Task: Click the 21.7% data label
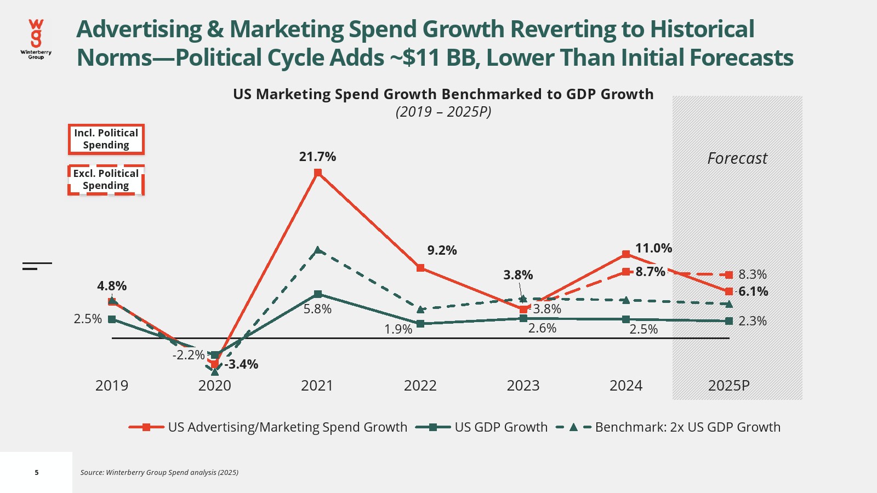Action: tap(317, 157)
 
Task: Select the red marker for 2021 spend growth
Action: tap(318, 173)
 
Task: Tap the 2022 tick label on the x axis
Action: tap(420, 386)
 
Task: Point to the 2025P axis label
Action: tap(728, 386)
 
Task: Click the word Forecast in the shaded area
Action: tap(737, 158)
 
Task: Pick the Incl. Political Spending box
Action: tap(106, 139)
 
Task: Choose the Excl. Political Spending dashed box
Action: tap(106, 180)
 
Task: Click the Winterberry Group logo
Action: tap(36, 39)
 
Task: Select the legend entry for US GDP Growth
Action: tap(482, 427)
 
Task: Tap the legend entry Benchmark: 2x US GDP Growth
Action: tap(668, 427)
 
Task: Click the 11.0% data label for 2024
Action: tap(653, 248)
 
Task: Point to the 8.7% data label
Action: tap(650, 272)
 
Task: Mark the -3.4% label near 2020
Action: tap(241, 364)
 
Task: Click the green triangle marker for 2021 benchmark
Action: tap(318, 250)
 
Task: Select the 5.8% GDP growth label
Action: tap(318, 309)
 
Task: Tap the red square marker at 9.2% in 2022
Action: tap(420, 268)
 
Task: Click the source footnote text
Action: tap(160, 472)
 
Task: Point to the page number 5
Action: tap(37, 472)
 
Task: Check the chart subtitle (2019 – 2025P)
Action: tap(443, 112)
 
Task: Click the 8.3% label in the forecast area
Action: tap(753, 274)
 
